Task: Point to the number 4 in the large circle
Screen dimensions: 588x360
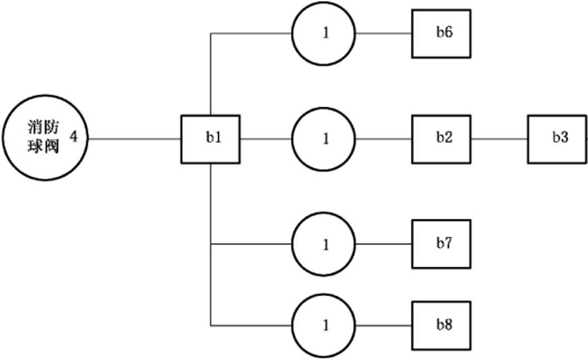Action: (74, 137)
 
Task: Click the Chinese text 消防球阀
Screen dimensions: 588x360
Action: (43, 137)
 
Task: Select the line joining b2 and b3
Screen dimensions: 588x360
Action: (499, 139)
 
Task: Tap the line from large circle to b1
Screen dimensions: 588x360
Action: (134, 139)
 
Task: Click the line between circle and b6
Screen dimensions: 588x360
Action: (384, 33)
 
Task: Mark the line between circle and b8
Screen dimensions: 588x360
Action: (384, 326)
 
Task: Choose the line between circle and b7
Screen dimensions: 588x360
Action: (384, 244)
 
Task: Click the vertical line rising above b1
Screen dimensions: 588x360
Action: (211, 74)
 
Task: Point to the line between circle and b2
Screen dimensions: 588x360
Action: (384, 139)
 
